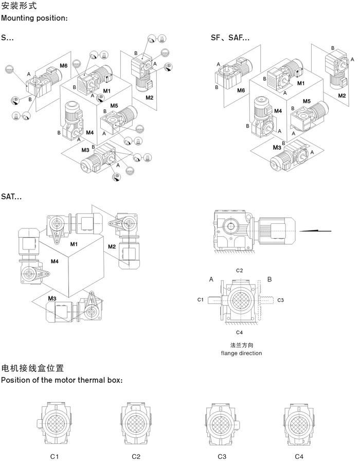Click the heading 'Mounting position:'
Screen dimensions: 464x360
[x=34, y=19]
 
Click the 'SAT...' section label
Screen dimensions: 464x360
[x=11, y=196]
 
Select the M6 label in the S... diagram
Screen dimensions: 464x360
[x=63, y=66]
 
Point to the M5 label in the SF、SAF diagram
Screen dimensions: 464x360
[x=307, y=101]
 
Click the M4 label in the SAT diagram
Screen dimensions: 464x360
[x=55, y=262]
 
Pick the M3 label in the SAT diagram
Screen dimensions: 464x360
[x=52, y=298]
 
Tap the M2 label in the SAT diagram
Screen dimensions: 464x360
[x=112, y=247]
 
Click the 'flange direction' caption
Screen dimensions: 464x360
[x=241, y=353]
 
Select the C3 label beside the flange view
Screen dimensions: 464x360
[x=281, y=299]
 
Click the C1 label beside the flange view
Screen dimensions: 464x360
[x=201, y=299]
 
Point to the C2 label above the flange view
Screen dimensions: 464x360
[x=239, y=270]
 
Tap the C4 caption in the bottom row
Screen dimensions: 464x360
[x=299, y=456]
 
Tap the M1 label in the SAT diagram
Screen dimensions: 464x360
[x=74, y=243]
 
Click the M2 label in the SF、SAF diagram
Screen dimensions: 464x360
[x=342, y=96]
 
